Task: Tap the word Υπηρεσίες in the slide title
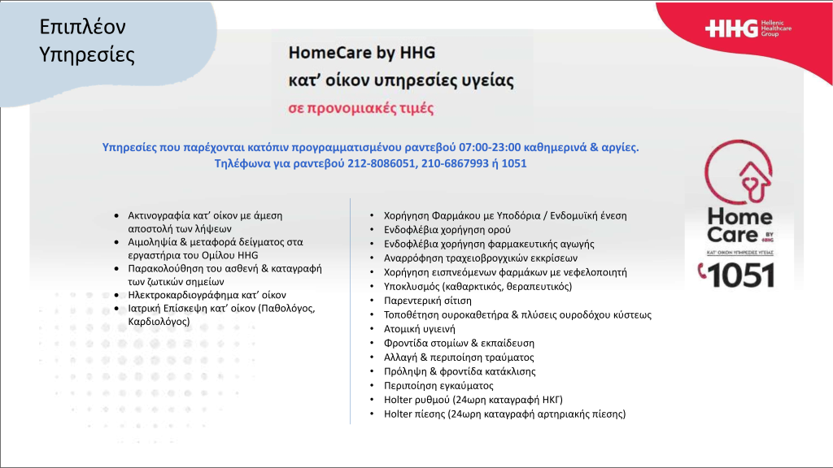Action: (x=87, y=55)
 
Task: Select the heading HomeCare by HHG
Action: (x=362, y=53)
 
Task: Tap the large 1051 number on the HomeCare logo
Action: (x=738, y=276)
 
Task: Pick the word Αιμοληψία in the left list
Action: (x=155, y=242)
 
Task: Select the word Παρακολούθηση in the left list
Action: (x=168, y=268)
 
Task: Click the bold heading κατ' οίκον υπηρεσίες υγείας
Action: (x=401, y=81)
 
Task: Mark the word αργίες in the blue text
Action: (x=619, y=147)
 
